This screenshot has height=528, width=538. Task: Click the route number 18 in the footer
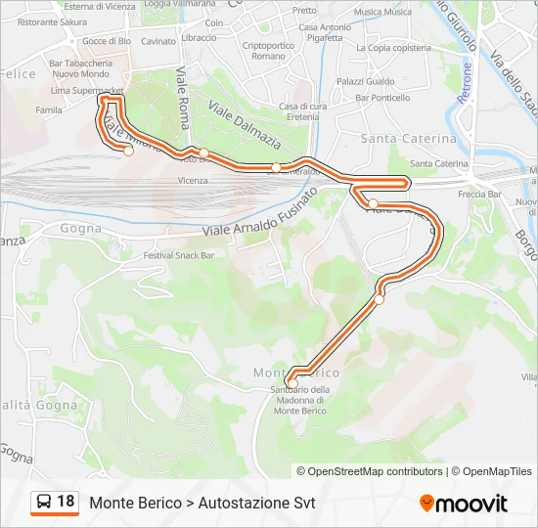click(66, 502)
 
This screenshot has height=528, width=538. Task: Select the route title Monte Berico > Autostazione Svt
click(202, 503)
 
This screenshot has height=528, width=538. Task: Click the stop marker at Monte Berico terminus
click(291, 382)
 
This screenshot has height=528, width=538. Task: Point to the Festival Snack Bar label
click(178, 255)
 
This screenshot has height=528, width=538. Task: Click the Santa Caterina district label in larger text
click(408, 139)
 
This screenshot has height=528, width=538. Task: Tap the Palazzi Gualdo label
click(365, 82)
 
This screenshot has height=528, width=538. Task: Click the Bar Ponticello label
click(382, 98)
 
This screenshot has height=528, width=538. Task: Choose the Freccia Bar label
click(479, 195)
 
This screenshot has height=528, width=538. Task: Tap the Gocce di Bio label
click(107, 41)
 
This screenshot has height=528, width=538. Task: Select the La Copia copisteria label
click(393, 47)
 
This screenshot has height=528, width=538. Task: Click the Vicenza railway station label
click(193, 181)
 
